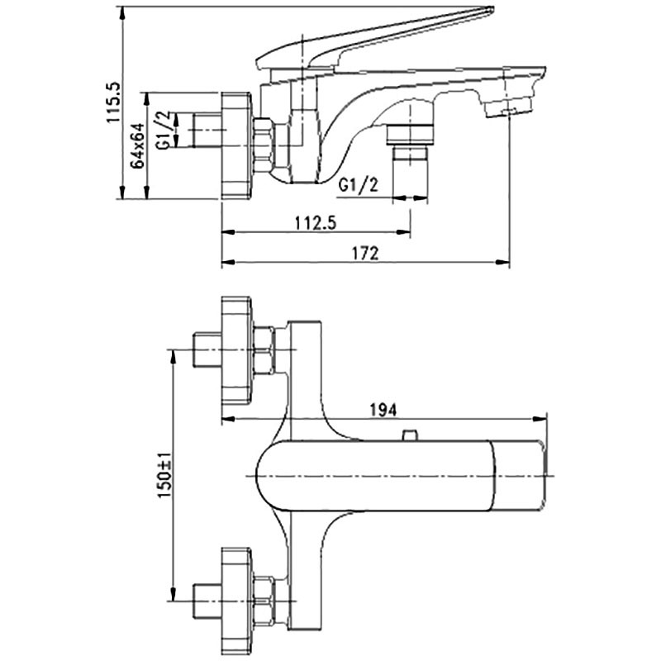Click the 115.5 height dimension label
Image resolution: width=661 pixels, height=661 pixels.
coord(114,102)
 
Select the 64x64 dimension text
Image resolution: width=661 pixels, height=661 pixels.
coord(138,145)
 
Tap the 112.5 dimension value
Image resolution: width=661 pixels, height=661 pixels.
coord(316,222)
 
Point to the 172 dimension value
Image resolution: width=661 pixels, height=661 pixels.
coord(365,253)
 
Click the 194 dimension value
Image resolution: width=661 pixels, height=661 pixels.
coord(383,410)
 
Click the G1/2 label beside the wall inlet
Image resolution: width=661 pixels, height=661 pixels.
coord(164,131)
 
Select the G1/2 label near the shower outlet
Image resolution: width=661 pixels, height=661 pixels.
coord(359,184)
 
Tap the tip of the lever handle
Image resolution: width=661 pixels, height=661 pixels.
coord(490,9)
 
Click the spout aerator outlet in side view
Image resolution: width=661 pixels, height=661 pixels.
coord(507,108)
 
